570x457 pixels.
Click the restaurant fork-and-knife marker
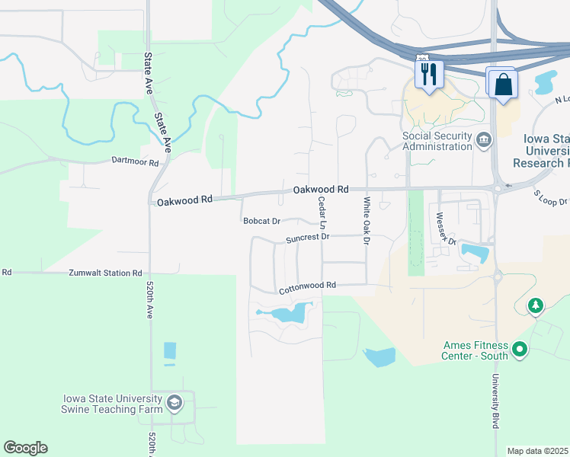click(428, 74)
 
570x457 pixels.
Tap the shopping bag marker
click(504, 83)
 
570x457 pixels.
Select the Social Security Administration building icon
click(483, 141)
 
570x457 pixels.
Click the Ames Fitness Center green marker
click(520, 350)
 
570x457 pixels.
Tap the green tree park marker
click(536, 306)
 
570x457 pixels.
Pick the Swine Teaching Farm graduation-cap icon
click(175, 403)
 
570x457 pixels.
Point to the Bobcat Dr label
click(261, 222)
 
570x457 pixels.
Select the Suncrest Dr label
click(307, 238)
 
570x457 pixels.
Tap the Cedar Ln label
click(322, 213)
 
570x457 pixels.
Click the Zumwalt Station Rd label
click(105, 272)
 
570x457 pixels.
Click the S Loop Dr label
click(550, 198)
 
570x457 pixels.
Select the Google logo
click(25, 448)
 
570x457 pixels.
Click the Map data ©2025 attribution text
click(537, 451)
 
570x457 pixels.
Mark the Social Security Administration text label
click(437, 142)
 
